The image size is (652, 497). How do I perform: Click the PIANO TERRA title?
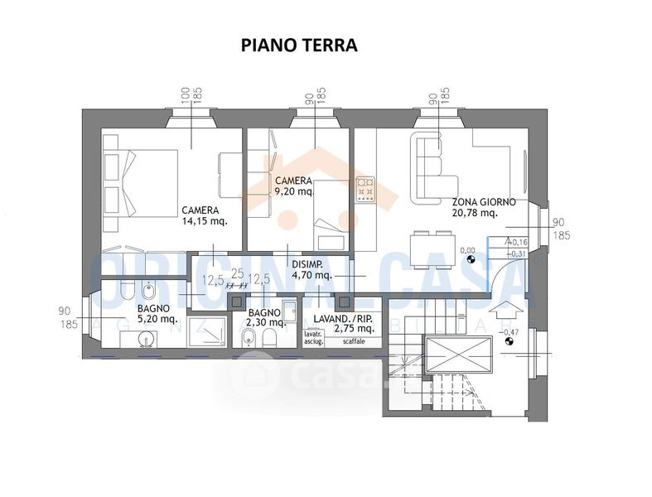pos(298,45)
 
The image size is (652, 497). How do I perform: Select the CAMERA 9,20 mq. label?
pos(294,186)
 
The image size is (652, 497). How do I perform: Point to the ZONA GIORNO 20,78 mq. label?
pos(484,207)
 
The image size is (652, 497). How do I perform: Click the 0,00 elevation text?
pos(468,250)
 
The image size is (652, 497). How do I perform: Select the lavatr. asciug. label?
pos(313,338)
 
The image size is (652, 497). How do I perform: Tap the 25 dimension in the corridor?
pos(238,273)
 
